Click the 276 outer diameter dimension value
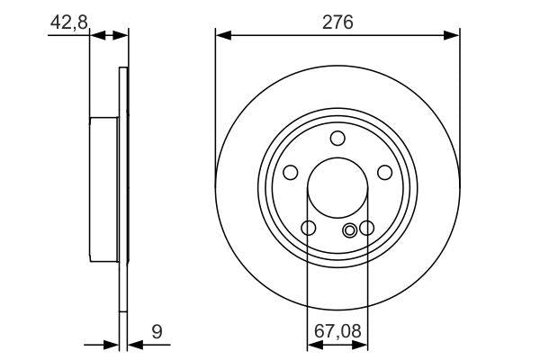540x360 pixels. click(x=337, y=20)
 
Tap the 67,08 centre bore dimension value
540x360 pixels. click(x=337, y=332)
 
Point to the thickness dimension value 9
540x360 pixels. click(x=157, y=332)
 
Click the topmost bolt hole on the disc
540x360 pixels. click(x=337, y=138)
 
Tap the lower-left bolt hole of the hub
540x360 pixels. click(x=309, y=229)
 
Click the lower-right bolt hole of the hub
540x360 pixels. click(x=366, y=229)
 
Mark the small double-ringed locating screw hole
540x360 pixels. click(x=350, y=229)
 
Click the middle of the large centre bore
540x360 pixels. click(x=337, y=189)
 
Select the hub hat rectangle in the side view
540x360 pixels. click(x=104, y=189)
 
